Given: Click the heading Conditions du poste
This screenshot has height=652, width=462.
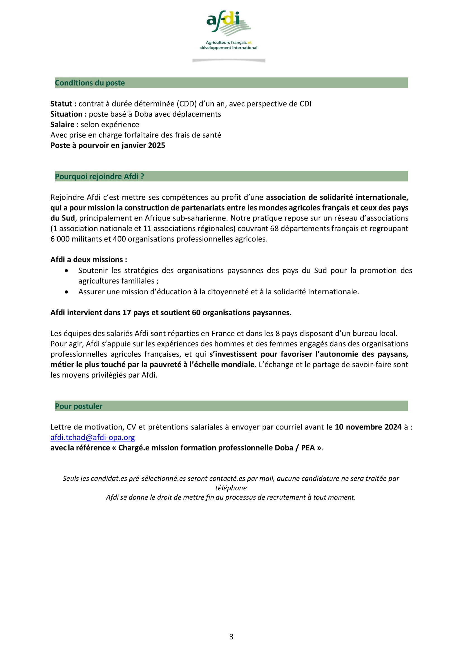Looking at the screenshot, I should (90, 83).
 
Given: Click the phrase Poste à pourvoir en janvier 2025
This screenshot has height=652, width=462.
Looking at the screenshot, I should (108, 146).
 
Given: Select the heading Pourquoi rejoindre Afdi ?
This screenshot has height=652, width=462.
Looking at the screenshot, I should (99, 177).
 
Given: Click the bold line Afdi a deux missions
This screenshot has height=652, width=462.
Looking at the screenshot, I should (89, 260).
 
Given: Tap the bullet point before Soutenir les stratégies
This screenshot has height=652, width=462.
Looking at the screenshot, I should (66, 271).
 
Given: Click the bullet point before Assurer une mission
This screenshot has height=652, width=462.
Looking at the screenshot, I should (66, 292).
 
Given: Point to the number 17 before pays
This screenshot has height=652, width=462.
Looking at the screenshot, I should (127, 313).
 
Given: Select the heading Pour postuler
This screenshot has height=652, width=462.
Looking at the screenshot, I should (78, 406).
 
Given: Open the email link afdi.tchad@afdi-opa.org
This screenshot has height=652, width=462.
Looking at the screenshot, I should (92, 438).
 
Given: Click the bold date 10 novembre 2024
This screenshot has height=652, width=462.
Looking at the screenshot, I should (368, 427).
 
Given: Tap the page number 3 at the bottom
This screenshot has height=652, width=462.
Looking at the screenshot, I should (231, 637).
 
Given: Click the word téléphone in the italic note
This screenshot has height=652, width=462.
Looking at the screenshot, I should (231, 488).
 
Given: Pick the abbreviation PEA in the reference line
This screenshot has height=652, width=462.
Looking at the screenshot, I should (308, 448).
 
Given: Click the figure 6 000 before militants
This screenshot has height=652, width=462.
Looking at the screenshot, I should (60, 239).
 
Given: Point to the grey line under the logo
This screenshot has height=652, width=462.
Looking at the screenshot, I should (228, 60).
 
